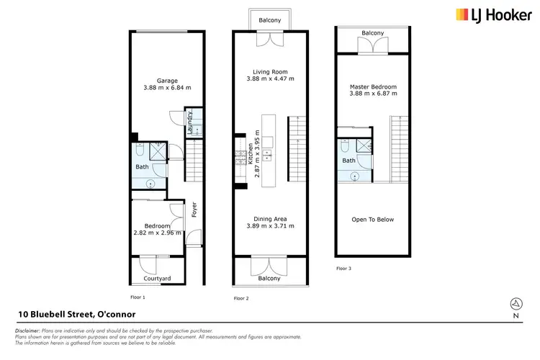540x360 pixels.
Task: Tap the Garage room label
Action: tap(168, 80)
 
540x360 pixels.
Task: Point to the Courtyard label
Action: tap(156, 278)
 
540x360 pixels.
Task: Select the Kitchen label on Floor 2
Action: tap(251, 153)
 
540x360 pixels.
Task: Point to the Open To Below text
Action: tap(373, 220)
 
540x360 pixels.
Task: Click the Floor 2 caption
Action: tap(242, 297)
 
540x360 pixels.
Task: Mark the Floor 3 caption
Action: tap(345, 268)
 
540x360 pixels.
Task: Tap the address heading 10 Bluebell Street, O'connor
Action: tap(76, 315)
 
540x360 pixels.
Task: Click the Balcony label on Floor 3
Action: tap(372, 33)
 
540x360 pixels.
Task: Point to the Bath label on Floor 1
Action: tap(142, 167)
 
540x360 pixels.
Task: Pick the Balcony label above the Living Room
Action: tap(270, 20)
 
